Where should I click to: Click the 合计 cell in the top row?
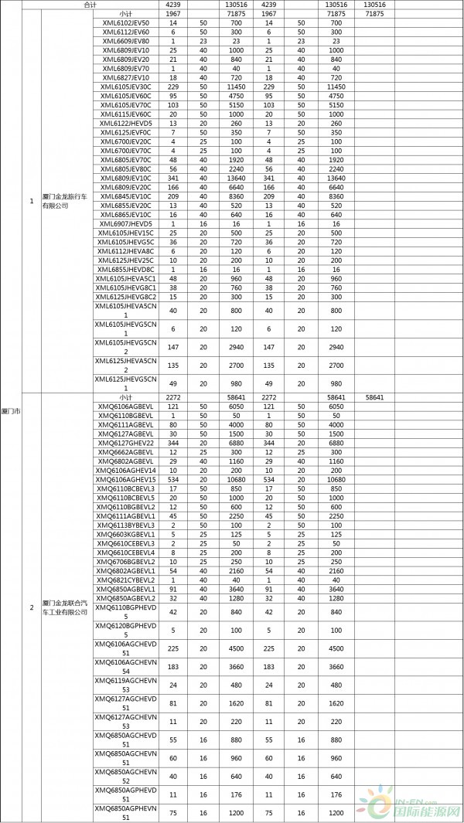point(90,5)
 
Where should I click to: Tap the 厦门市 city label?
point(11,410)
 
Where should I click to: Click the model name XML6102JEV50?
point(125,23)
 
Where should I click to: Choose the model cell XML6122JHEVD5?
point(125,123)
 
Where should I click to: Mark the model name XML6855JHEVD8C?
point(125,269)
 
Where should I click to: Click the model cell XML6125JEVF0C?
point(125,132)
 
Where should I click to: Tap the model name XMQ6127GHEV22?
point(125,443)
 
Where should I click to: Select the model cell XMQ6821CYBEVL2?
point(125,580)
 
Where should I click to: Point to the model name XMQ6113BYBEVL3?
point(125,525)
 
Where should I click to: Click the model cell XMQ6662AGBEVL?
point(125,452)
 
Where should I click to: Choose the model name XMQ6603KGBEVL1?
point(125,534)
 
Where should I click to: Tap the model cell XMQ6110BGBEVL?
point(125,416)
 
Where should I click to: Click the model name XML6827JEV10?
point(125,77)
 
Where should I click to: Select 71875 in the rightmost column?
point(374,14)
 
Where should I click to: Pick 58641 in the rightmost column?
point(374,397)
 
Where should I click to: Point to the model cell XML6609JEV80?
point(125,41)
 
